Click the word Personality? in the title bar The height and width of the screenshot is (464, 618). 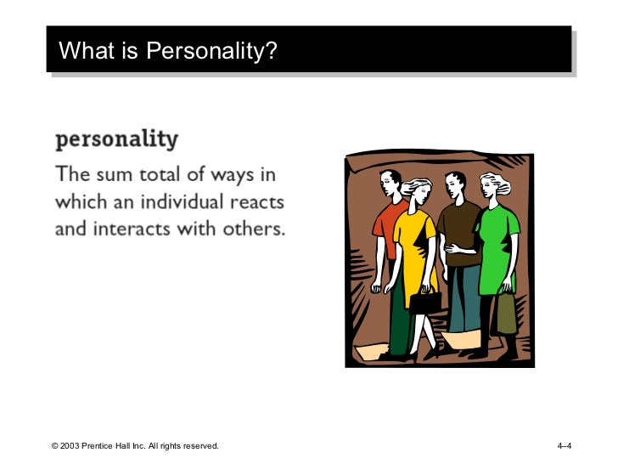[x=212, y=52]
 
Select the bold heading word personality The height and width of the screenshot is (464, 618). [x=116, y=139]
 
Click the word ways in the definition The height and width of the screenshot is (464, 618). [x=239, y=176]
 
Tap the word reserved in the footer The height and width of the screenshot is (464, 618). [x=199, y=445]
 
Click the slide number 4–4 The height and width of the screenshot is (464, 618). [x=565, y=445]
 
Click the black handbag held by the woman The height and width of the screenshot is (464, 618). [x=425, y=301]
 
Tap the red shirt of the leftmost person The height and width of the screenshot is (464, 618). [x=387, y=225]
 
